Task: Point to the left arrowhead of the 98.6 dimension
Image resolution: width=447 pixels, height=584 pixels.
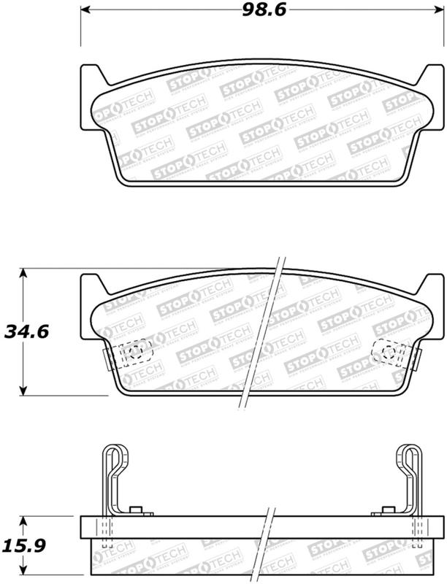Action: [84, 10]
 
